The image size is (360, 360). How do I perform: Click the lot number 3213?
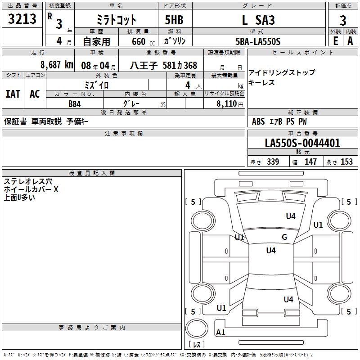(22, 19)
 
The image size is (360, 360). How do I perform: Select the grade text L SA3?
(258, 20)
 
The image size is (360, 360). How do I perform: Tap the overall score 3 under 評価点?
(343, 21)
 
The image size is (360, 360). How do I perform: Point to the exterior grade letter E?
(336, 41)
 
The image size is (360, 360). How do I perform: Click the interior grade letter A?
(350, 41)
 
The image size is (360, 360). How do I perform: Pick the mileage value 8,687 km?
(57, 65)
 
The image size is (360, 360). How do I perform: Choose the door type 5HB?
(174, 20)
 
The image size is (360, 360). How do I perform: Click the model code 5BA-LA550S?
(258, 41)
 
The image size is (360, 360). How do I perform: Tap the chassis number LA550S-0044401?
(302, 143)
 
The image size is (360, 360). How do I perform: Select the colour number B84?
(75, 104)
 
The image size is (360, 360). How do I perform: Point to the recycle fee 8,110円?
(230, 104)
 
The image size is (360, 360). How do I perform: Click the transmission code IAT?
(13, 94)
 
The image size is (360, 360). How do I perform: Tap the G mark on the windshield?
(284, 237)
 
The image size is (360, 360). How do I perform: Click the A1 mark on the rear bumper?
(220, 332)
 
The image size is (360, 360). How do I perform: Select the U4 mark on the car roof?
(271, 250)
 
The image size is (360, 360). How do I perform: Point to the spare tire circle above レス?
(197, 328)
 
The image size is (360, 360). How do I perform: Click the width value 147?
(310, 162)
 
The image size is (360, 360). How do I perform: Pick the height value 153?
(346, 162)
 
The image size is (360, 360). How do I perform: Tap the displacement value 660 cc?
(143, 41)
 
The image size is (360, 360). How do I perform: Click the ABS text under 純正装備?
(258, 121)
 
